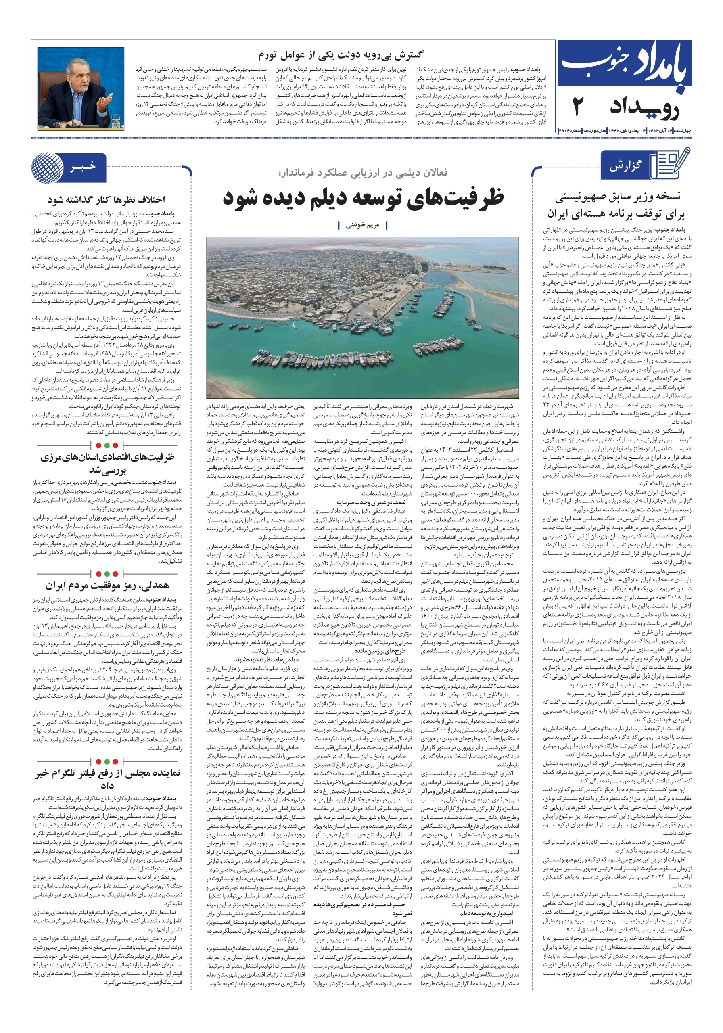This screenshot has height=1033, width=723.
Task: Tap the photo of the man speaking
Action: tap(81, 89)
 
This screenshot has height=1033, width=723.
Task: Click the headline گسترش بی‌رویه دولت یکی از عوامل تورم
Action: tap(340, 56)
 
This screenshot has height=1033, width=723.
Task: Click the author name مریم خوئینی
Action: tap(362, 225)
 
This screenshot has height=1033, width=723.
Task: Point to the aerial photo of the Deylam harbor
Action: tap(363, 318)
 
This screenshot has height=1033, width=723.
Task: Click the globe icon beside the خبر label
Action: tap(47, 167)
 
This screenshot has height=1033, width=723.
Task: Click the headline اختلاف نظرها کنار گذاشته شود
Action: tap(107, 199)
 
